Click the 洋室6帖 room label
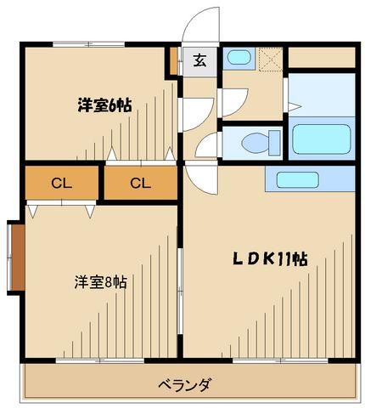click(104, 105)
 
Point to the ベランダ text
click(183, 384)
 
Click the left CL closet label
click(60, 182)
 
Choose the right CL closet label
click(140, 182)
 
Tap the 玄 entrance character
click(199, 60)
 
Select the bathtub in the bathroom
click(321, 139)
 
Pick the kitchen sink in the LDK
click(292, 179)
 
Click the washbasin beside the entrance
click(239, 58)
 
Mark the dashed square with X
click(270, 58)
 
